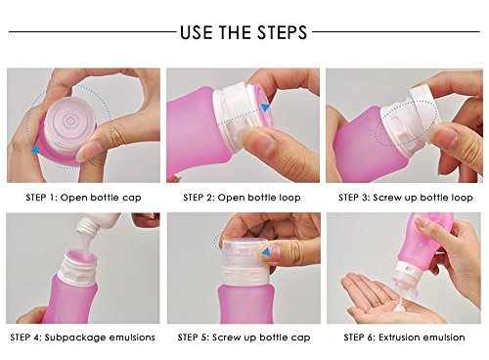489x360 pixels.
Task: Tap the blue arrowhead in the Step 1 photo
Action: coord(35,150)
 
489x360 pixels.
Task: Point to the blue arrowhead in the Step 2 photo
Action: coord(266,108)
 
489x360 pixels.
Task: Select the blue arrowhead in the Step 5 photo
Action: coord(267,251)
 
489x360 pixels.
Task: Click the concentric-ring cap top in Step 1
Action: coord(69,121)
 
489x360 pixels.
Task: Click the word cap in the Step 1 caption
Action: coord(132,198)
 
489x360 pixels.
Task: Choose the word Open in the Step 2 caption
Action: coord(231,198)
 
